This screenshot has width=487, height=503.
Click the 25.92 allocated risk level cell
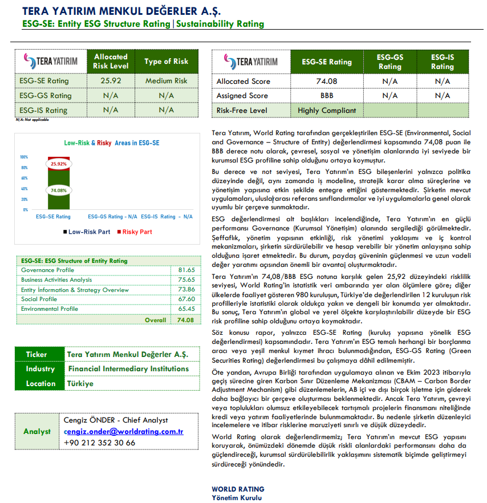[x=111, y=81]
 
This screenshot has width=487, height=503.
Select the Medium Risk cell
[x=166, y=81]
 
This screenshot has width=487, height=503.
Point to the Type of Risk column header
[x=166, y=62]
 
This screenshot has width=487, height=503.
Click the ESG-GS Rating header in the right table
[x=390, y=62]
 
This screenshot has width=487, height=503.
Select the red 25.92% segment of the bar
[x=58, y=164]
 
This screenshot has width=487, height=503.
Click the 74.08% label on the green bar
[x=58, y=190]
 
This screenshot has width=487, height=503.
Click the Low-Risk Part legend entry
[x=87, y=232]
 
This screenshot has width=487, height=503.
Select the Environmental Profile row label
[x=50, y=309]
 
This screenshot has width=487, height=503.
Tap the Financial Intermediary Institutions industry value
[x=128, y=369]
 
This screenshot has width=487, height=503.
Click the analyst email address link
[x=123, y=432]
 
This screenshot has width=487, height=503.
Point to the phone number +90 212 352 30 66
[x=100, y=443]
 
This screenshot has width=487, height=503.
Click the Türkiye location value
[x=80, y=383]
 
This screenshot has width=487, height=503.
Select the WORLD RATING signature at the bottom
[x=238, y=489]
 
